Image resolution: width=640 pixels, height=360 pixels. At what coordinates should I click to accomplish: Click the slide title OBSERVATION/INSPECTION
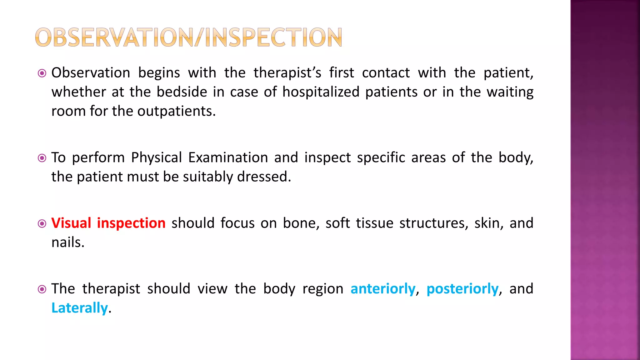(x=188, y=37)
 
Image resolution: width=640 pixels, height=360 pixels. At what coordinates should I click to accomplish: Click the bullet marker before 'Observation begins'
(x=42, y=73)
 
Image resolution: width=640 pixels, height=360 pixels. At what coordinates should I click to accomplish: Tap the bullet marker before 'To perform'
(x=42, y=158)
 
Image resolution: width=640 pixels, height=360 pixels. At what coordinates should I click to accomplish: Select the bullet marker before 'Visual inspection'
(x=42, y=224)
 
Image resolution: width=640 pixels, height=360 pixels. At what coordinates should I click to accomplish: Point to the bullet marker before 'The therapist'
(x=42, y=289)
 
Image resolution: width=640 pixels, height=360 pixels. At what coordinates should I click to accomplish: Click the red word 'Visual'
(x=71, y=223)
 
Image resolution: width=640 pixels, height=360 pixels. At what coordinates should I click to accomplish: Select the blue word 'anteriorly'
(x=383, y=289)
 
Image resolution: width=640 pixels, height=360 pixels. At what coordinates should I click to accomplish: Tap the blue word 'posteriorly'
(x=462, y=289)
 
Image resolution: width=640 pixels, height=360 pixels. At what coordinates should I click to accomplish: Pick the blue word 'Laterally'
(x=79, y=308)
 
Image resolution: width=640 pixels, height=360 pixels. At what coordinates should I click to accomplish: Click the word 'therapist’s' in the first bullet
(x=287, y=73)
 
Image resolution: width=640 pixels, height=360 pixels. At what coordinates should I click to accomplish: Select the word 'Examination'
(x=228, y=157)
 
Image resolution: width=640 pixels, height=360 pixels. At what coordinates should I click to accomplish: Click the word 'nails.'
(x=68, y=242)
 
